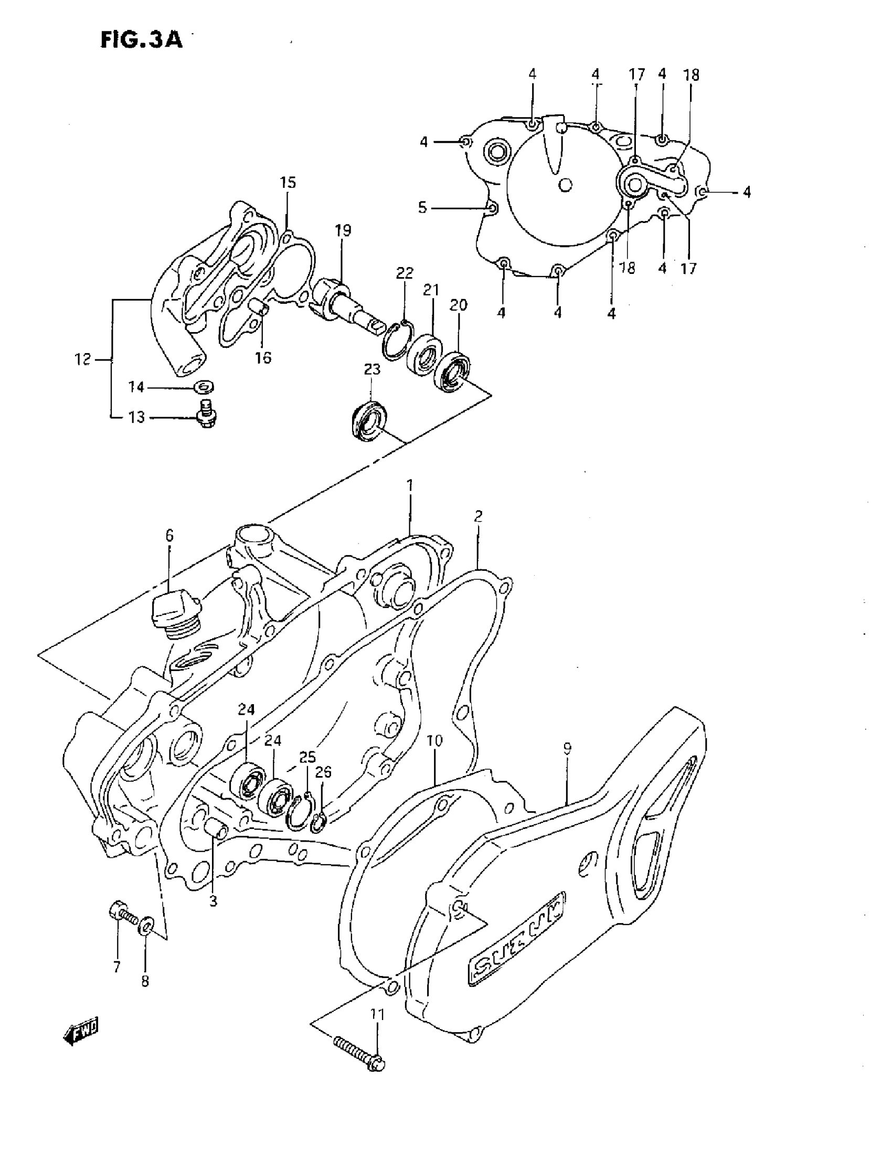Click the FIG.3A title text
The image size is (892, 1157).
click(x=142, y=40)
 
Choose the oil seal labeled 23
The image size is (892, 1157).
click(x=369, y=421)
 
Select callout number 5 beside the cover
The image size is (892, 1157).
click(x=422, y=208)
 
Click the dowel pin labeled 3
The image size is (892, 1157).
click(x=216, y=827)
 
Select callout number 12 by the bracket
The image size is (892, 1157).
click(x=82, y=360)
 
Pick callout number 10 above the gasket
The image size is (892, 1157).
click(x=434, y=740)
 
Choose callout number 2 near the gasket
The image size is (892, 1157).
click(x=478, y=516)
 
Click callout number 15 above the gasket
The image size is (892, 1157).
click(x=288, y=183)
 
